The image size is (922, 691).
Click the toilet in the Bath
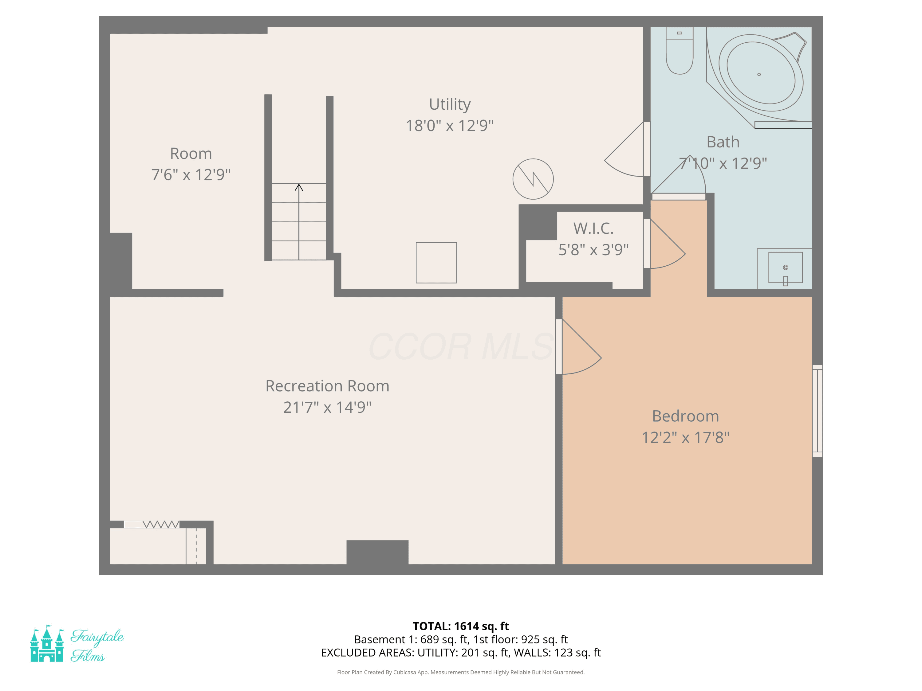coord(680,50)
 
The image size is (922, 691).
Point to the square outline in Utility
coord(436,263)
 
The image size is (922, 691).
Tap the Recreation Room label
coord(328,386)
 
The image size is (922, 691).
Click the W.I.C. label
coord(593,228)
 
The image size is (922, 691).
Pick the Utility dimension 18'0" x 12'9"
coord(450,125)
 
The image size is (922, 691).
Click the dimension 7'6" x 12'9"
coord(191,174)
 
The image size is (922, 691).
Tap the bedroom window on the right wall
coord(818,411)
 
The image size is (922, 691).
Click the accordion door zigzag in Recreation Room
coord(161,525)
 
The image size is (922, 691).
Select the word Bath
coord(723,142)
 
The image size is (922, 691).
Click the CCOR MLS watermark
coord(461,346)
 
